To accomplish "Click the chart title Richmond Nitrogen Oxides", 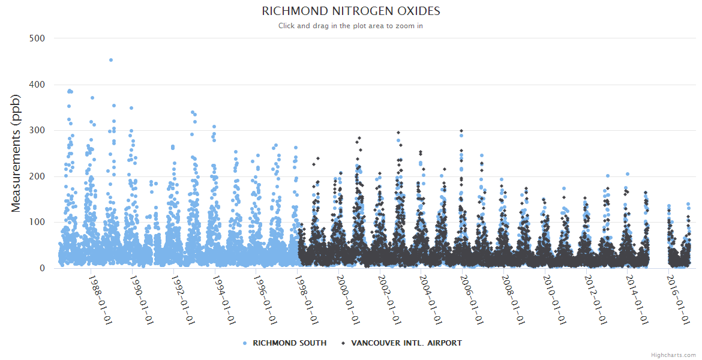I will click(351, 11).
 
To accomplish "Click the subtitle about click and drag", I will click(351, 26).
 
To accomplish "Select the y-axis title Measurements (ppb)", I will click(16, 154).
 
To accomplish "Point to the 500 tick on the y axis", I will click(37, 38).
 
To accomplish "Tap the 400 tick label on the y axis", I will click(37, 85).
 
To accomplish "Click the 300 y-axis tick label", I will click(37, 131).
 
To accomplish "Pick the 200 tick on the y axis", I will click(37, 176).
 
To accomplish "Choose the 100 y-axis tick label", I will click(37, 223).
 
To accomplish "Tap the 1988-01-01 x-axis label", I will click(101, 300).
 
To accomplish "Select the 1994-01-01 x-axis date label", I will click(224, 300).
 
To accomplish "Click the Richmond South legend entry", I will click(289, 343).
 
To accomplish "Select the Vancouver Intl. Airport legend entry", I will click(406, 343).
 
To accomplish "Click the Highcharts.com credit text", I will click(673, 355).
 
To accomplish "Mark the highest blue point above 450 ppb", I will click(111, 60).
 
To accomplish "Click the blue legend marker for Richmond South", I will click(245, 343).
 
